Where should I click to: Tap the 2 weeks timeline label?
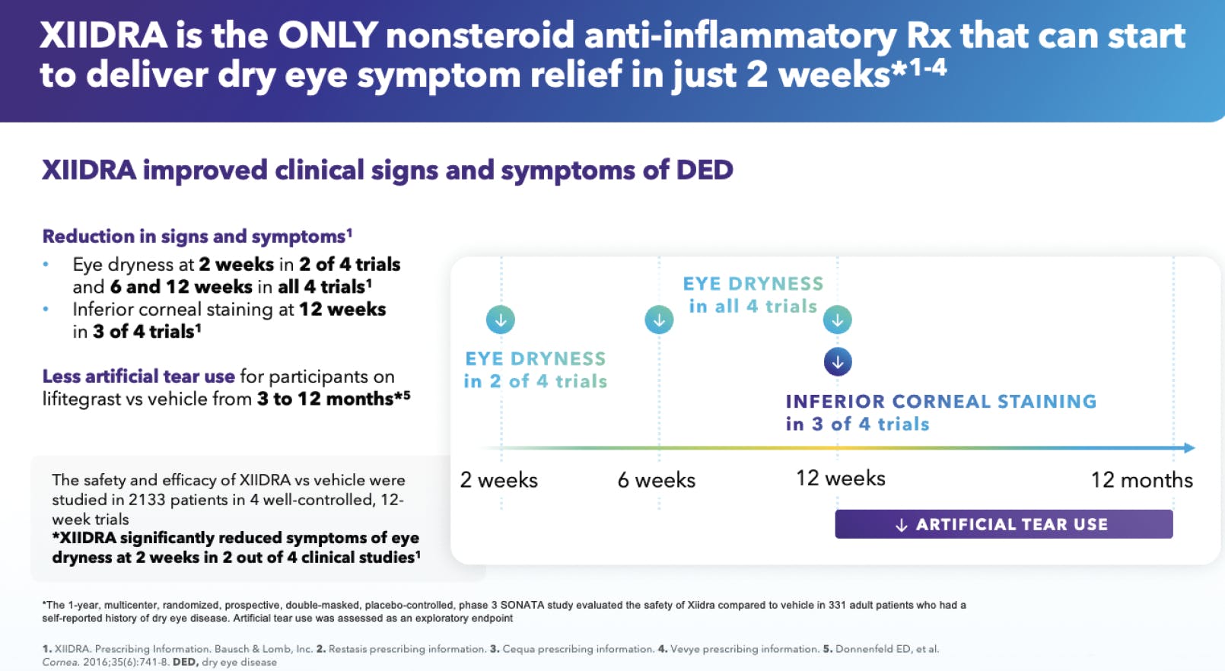[498, 480]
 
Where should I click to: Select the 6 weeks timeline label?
[656, 480]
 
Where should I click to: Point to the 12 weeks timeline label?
[840, 479]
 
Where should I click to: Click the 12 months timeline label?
[1141, 480]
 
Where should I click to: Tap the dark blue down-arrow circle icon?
[837, 362]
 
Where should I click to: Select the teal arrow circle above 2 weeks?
[501, 320]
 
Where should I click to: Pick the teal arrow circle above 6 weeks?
[659, 320]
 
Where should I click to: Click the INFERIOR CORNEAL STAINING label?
[940, 402]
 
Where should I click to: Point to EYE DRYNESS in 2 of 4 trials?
[535, 370]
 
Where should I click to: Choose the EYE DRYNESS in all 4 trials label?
[752, 294]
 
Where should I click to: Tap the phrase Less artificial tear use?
[138, 377]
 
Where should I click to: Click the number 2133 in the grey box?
[146, 500]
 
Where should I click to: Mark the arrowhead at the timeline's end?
[1189, 448]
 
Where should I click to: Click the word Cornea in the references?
[60, 663]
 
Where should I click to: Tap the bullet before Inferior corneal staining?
[46, 310]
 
